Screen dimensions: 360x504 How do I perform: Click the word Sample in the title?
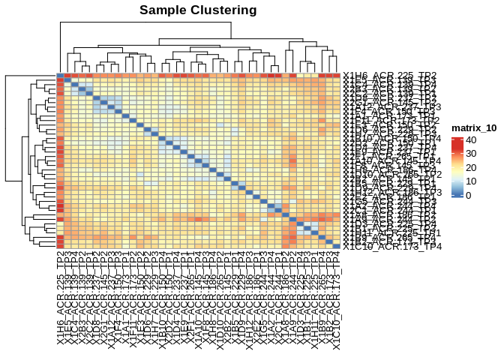(166, 10)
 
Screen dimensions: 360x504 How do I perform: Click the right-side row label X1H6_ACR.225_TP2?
(389, 75)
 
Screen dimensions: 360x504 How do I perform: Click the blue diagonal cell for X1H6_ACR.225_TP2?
(60, 75)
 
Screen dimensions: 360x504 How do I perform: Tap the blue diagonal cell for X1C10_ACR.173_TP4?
(335, 246)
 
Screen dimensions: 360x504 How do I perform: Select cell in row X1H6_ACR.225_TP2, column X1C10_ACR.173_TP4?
(335, 75)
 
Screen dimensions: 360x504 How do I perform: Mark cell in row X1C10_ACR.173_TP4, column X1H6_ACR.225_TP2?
(60, 246)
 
